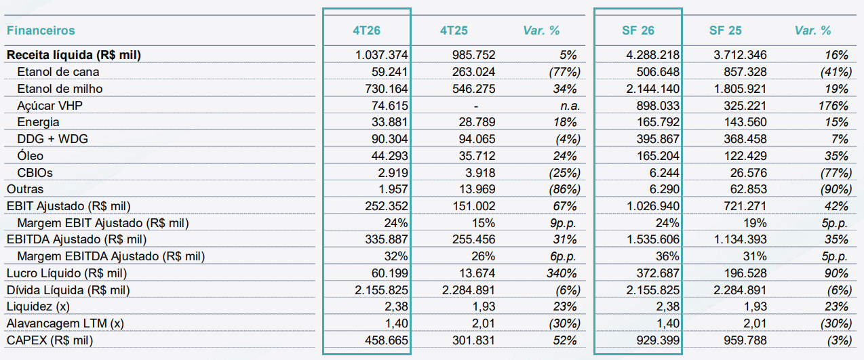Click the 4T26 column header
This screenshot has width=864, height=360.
coord(366,31)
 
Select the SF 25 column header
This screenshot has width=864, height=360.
coord(725,31)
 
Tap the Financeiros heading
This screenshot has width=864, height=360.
coord(41,31)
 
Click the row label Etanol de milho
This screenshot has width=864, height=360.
coord(60,89)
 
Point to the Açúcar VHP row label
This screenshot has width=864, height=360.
coord(50,105)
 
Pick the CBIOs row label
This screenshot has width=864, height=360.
coord(35,173)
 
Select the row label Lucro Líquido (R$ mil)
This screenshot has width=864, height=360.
coord(66,273)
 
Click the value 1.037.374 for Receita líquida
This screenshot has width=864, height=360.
coord(381,55)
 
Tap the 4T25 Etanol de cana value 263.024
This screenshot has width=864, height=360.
coord(473,72)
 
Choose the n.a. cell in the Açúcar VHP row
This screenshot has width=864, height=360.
coord(570,106)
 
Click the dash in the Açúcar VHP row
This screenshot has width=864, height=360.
coord(476,106)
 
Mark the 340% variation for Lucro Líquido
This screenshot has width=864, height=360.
coord(562,273)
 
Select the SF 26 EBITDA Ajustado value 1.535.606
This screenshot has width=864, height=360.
coord(652,239)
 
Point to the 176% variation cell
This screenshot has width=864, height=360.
coord(833,106)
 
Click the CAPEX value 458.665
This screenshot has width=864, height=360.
coord(386,340)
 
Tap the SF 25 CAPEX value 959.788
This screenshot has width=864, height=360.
coord(745,340)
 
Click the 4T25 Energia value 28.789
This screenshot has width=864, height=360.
coord(477,122)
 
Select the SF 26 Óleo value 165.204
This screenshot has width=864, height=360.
coord(658,156)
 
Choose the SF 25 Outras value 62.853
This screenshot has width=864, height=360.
coord(748,189)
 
